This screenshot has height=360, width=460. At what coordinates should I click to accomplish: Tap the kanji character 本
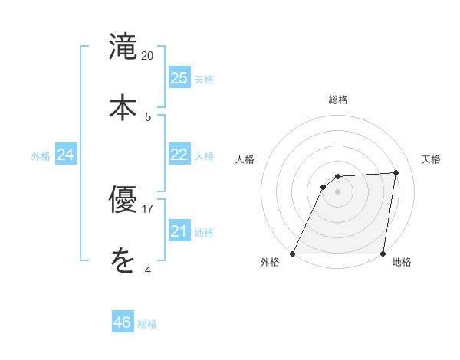click(x=123, y=106)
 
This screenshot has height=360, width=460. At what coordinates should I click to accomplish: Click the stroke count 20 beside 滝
click(x=148, y=56)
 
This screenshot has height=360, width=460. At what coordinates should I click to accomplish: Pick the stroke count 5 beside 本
click(x=148, y=116)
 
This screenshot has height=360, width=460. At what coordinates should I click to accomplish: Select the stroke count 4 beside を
click(x=148, y=270)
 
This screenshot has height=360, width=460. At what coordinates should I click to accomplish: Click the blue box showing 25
click(x=179, y=78)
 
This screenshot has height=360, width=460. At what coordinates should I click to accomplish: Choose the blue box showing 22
click(x=179, y=155)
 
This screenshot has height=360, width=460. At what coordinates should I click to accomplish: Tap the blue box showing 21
click(x=179, y=231)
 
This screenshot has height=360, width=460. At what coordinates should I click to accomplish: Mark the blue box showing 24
click(x=66, y=155)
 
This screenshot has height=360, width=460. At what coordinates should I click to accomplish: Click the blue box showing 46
click(x=123, y=322)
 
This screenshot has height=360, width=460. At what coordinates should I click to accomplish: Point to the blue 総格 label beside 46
click(x=147, y=324)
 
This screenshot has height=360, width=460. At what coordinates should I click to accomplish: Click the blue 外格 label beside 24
click(x=41, y=156)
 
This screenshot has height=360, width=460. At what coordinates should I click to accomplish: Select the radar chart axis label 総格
click(x=338, y=100)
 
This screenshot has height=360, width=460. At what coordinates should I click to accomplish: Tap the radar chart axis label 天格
click(x=431, y=159)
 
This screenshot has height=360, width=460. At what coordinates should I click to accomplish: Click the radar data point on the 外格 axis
click(x=293, y=254)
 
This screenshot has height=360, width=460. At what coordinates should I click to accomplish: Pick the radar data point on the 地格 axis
click(x=383, y=254)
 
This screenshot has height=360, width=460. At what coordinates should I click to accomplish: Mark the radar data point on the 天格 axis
click(x=396, y=172)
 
